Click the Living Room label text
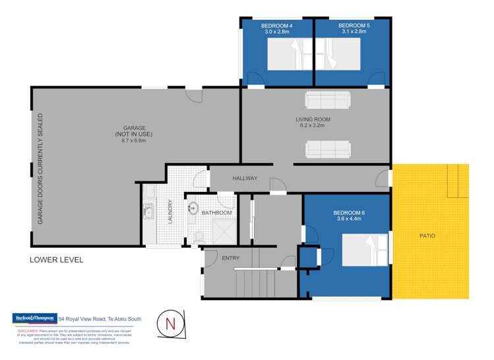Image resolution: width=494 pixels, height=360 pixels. (313, 119)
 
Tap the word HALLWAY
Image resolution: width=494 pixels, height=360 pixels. (244, 179)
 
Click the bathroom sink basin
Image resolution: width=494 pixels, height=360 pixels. (193, 209)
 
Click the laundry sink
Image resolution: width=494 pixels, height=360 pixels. (148, 212)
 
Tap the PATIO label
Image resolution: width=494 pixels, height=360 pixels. (427, 235)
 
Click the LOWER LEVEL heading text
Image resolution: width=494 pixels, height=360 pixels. (57, 260)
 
